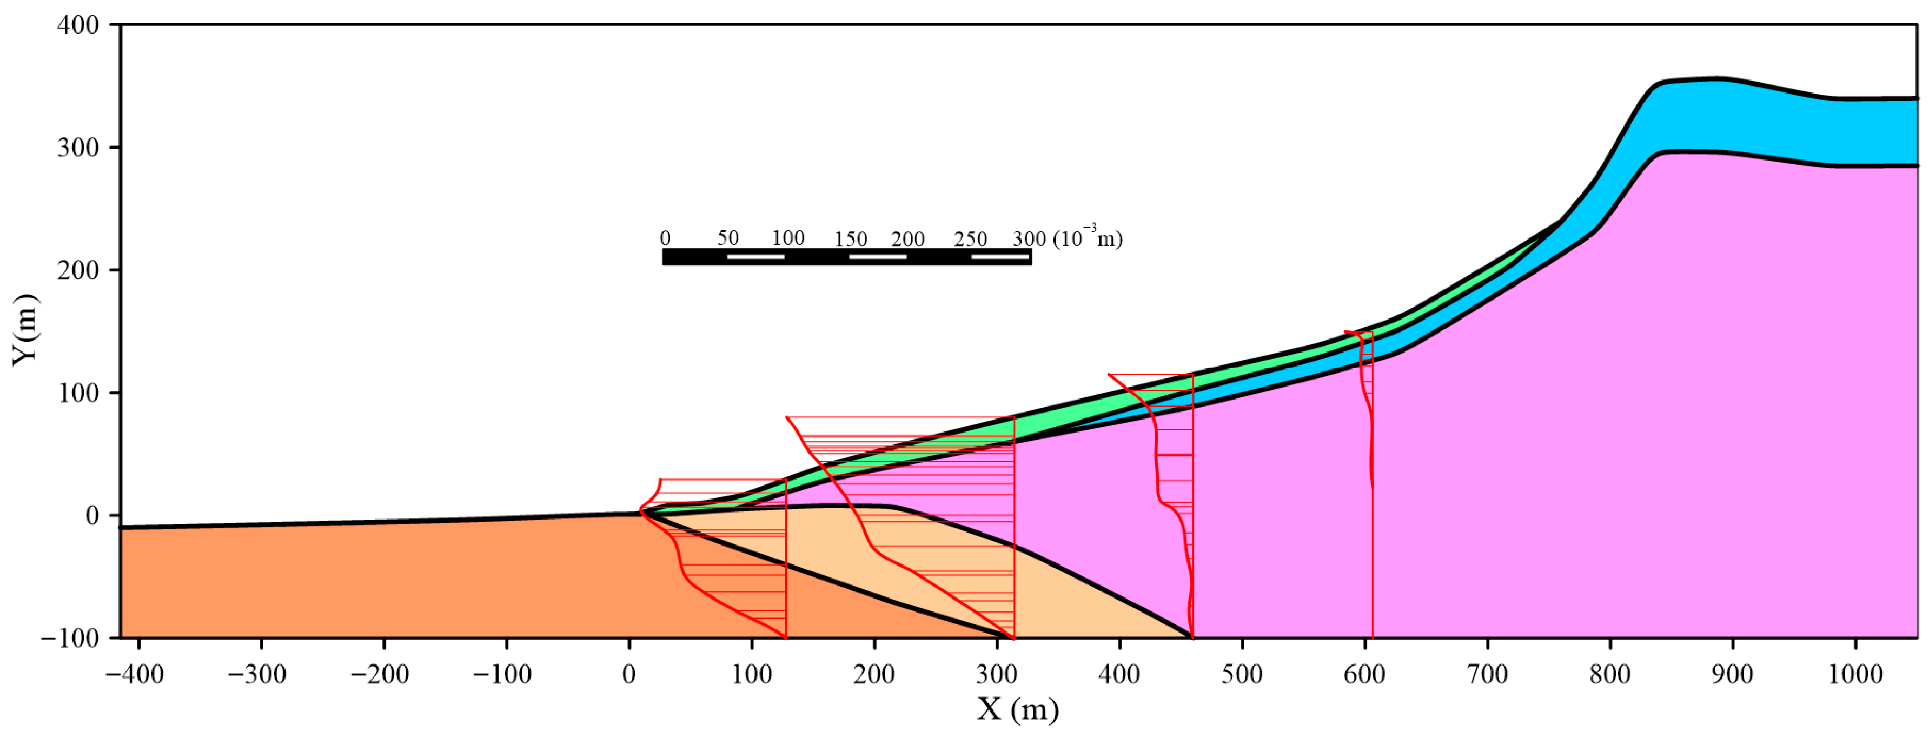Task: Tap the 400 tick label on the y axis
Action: click(x=78, y=25)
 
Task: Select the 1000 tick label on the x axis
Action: click(x=1855, y=674)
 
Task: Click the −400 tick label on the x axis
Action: click(x=134, y=674)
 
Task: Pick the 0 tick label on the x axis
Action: click(x=629, y=674)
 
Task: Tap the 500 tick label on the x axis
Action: click(x=1242, y=674)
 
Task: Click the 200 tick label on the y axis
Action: click(x=78, y=270)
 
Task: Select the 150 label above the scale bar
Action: click(x=851, y=239)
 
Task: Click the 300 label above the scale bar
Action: click(x=1029, y=239)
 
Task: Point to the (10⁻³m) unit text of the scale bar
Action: click(x=1088, y=237)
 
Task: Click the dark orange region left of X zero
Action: click(x=374, y=584)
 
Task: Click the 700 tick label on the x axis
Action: click(x=1487, y=674)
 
